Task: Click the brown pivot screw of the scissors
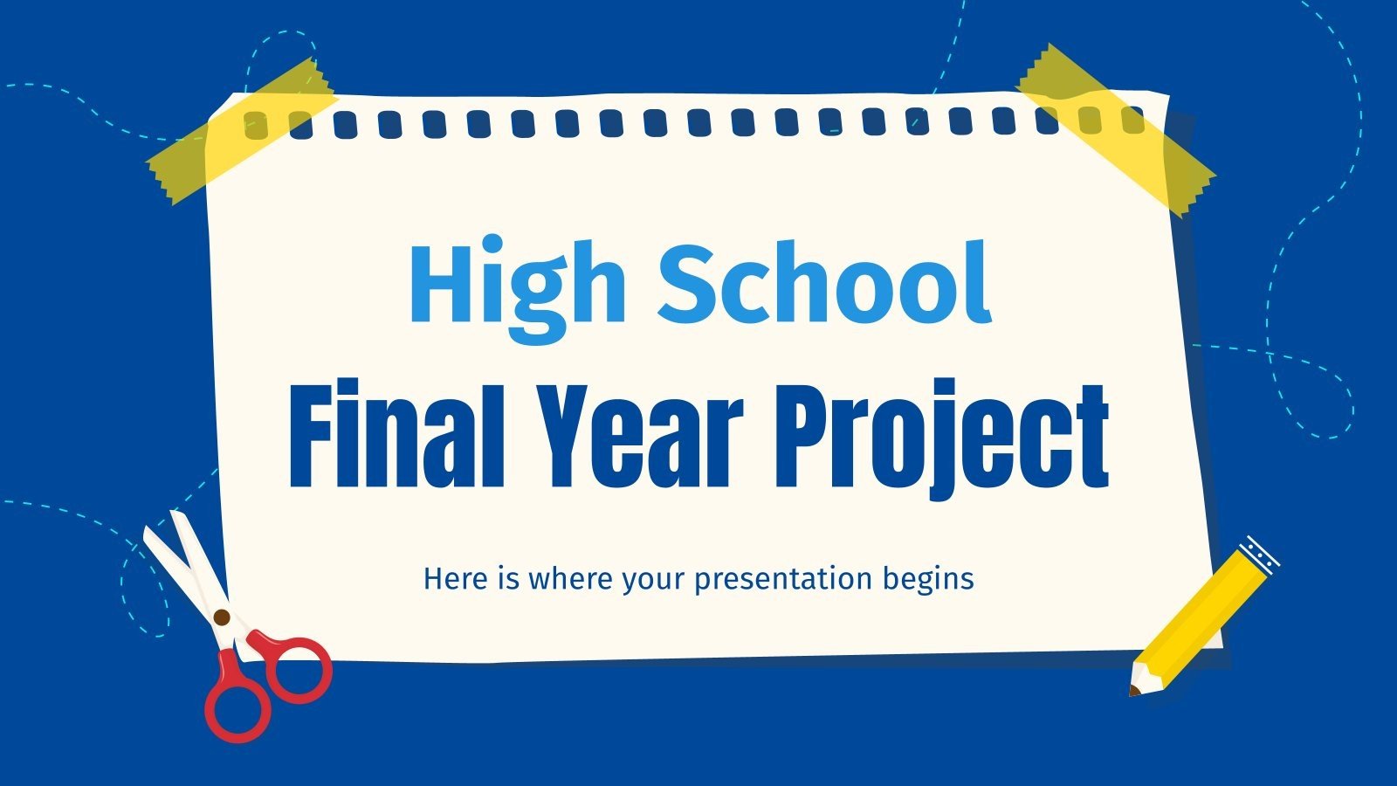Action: pyautogui.click(x=222, y=617)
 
